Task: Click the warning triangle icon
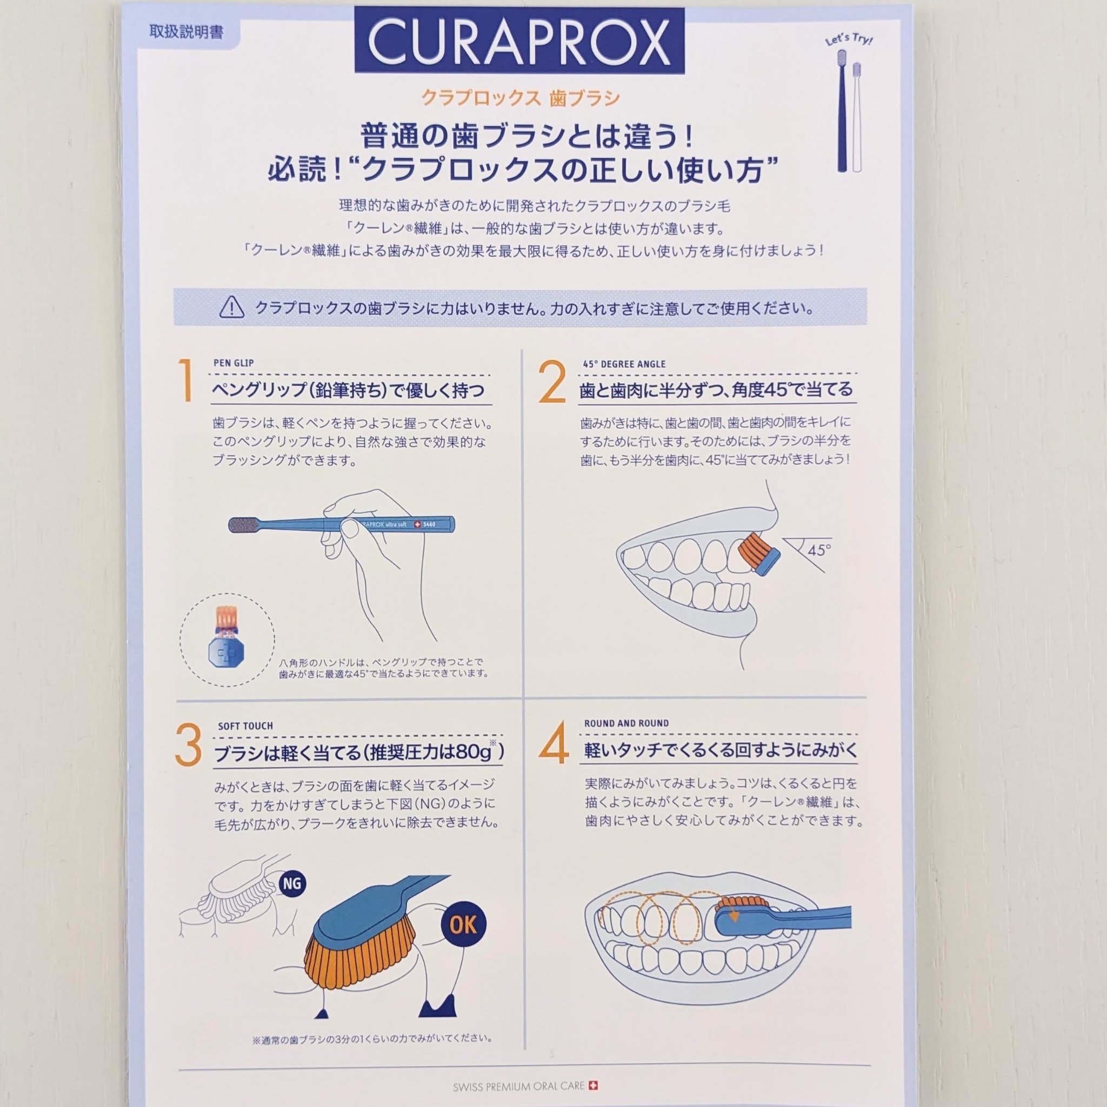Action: pos(231,308)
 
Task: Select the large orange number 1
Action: pos(185,381)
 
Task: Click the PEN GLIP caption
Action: pos(233,363)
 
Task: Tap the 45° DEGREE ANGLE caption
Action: pos(624,364)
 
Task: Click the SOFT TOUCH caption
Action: pos(245,726)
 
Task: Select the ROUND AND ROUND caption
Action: pos(626,723)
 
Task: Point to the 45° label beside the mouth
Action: pos(819,550)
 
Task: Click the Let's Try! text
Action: pos(849,39)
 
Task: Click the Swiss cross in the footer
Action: pos(594,1085)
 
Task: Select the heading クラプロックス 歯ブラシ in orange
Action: pos(521,98)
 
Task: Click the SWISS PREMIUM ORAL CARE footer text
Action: pos(518,1086)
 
